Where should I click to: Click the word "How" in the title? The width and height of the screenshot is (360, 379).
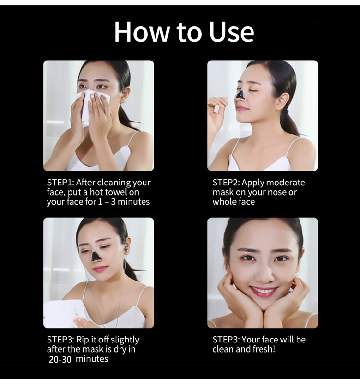click(x=138, y=32)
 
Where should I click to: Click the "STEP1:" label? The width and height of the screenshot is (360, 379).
click(x=60, y=183)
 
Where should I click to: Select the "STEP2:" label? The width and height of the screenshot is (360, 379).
click(x=227, y=183)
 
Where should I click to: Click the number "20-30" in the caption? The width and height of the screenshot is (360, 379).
click(x=60, y=359)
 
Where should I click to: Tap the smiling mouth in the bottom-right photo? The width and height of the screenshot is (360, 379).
click(x=263, y=291)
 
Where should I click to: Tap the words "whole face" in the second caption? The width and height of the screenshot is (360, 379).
click(x=234, y=202)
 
